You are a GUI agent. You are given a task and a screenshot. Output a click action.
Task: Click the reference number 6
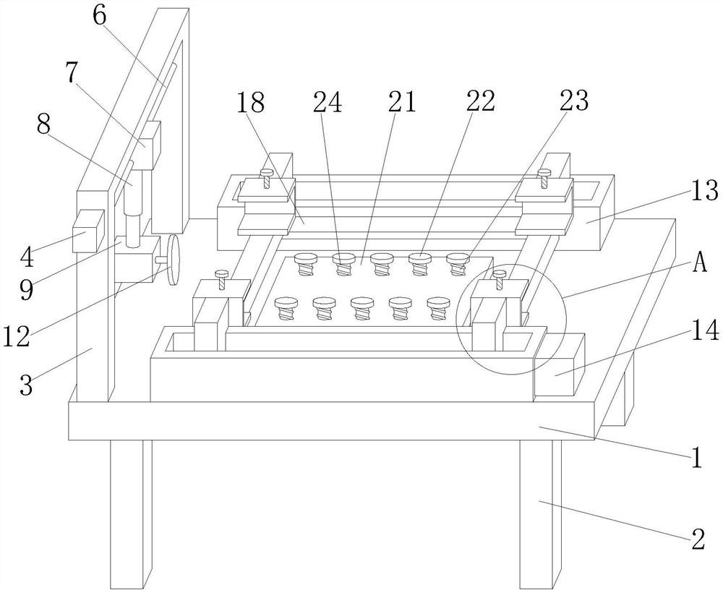coord(100,15)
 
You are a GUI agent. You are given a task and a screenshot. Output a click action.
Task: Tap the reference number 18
coord(251,102)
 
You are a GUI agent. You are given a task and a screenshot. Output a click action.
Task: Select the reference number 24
coord(328,102)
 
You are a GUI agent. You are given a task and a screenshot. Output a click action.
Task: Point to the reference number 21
coord(401,102)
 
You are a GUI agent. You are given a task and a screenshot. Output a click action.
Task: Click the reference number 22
coord(481,101)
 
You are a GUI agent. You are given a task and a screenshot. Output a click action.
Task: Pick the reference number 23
coord(574,100)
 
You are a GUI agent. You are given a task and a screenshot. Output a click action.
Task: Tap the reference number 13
coord(704,190)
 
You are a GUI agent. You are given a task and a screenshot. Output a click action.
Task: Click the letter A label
coord(699,264)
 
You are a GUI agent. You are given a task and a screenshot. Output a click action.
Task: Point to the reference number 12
coord(17,336)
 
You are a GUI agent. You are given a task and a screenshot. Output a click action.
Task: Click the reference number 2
coord(698,539)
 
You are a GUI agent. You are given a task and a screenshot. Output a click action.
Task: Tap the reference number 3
coord(26,385)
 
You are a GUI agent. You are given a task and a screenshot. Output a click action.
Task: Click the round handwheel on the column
coord(174,260)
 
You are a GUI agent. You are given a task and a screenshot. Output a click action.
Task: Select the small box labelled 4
coord(88,231)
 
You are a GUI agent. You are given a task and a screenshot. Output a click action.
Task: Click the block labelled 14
coord(559,365)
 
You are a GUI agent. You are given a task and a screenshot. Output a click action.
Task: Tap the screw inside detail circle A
coord(500,280)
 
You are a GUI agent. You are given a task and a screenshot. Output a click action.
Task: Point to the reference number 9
coord(26,289)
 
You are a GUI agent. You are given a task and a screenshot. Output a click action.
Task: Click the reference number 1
coord(696,458)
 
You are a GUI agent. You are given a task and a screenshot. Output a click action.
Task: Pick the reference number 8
coord(43,124)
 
